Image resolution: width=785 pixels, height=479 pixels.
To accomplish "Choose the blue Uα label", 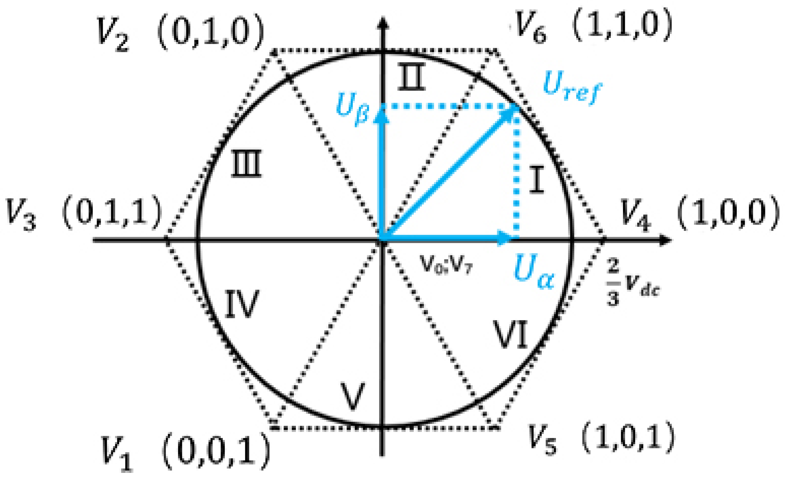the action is pos(534,272).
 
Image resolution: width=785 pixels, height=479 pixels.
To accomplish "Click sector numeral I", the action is pos(536,180).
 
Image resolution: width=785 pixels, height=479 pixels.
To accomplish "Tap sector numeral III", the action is pos(246,163).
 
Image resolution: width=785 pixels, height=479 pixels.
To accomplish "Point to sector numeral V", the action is pos(352,396).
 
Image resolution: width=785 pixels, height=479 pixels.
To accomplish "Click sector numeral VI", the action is pos(511,334).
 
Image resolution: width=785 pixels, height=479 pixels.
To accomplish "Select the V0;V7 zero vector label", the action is pos(446,264).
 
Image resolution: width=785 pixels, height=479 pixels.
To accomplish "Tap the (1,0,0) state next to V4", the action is pos(728,214).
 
